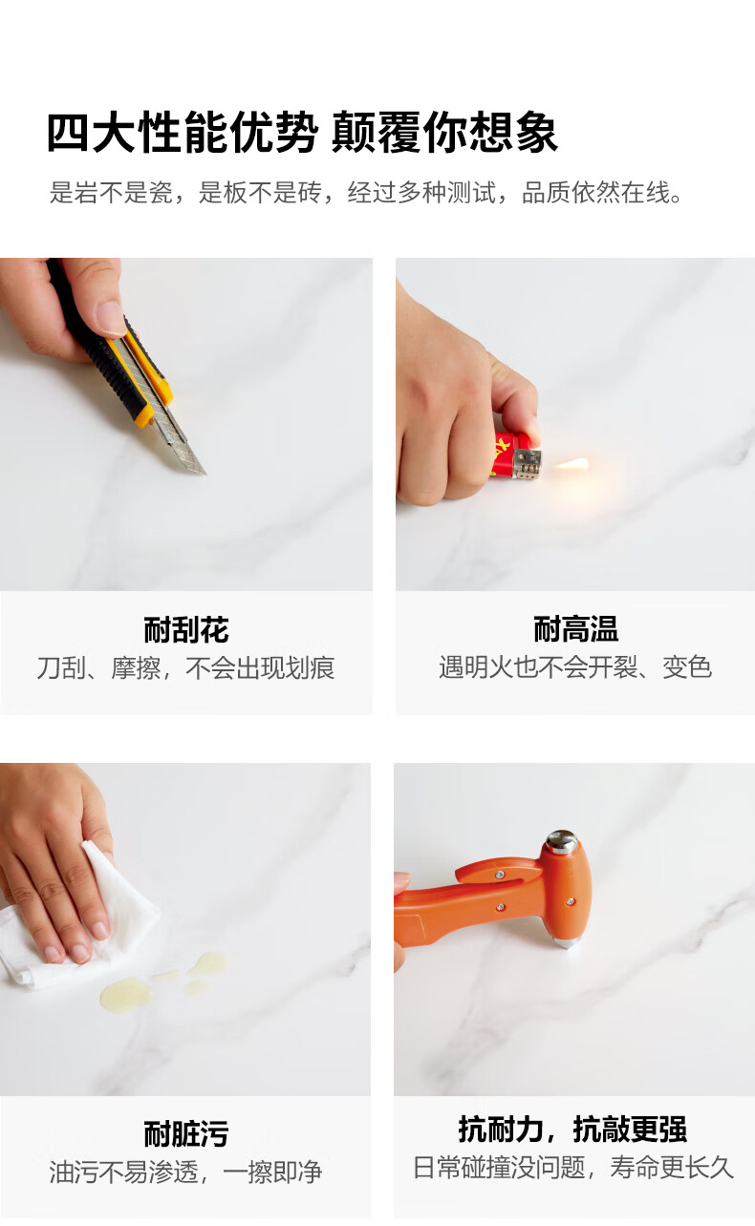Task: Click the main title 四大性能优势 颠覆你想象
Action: point(302,132)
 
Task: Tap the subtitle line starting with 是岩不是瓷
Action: point(366,192)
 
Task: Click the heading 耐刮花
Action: point(186,629)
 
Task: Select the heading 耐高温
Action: point(576,629)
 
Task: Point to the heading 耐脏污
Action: point(186,1133)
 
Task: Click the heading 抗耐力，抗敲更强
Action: point(572,1130)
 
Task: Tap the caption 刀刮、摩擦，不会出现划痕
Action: point(185,667)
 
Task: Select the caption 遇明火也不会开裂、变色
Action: point(575,667)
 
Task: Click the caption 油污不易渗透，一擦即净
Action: point(185,1172)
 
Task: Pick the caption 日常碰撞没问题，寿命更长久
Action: point(573,1167)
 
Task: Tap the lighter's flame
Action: point(572,465)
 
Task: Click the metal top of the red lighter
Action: point(528,464)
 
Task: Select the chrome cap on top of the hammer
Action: point(562,841)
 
